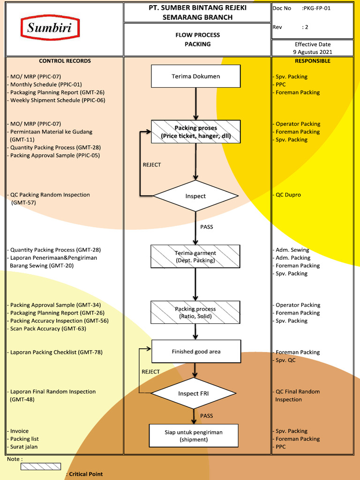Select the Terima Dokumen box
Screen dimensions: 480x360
click(x=195, y=76)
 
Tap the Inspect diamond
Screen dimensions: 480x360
click(x=195, y=196)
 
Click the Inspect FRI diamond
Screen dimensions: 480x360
click(x=193, y=394)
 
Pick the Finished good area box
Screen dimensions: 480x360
click(x=195, y=352)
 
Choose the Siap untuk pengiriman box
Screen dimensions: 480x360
click(x=193, y=435)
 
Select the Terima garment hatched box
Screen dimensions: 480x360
click(x=195, y=256)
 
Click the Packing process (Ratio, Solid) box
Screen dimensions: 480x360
click(x=195, y=313)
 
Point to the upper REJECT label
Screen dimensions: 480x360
click(x=151, y=165)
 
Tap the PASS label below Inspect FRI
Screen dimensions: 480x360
click(x=207, y=416)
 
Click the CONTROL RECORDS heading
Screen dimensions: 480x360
click(x=65, y=61)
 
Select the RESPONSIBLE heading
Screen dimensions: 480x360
click(x=312, y=61)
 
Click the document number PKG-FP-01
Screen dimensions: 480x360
click(x=317, y=8)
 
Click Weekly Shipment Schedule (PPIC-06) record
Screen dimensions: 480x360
click(x=57, y=100)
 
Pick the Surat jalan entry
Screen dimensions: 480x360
click(x=23, y=447)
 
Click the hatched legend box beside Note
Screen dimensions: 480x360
click(x=41, y=466)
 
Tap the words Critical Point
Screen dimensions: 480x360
click(x=85, y=474)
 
